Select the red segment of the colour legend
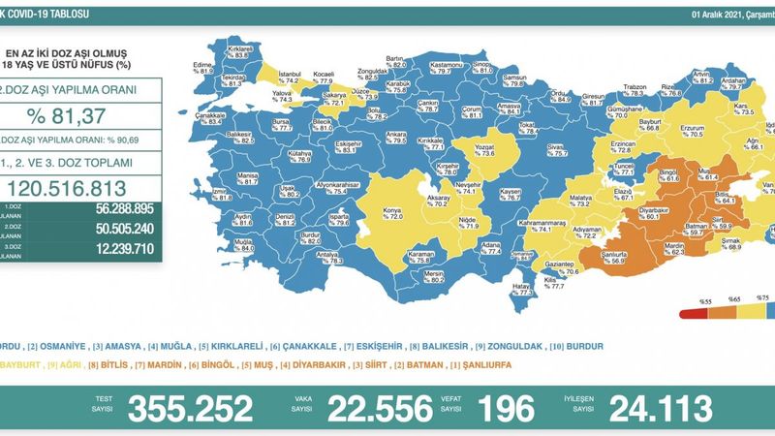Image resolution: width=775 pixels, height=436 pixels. [x=691, y=313]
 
